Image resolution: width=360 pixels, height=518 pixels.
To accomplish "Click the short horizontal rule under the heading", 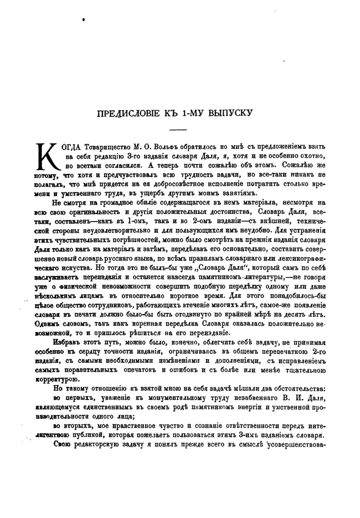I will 178,129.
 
